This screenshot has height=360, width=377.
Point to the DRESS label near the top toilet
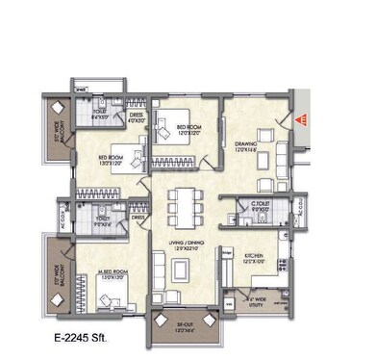pyautogui.click(x=138, y=118)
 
